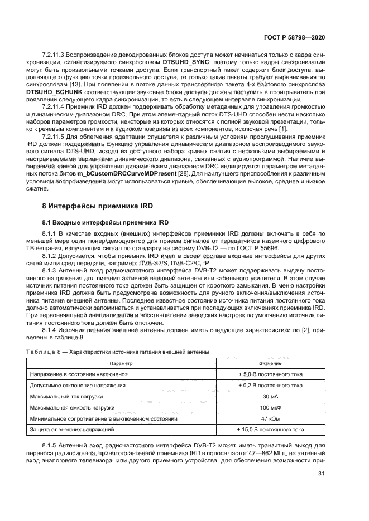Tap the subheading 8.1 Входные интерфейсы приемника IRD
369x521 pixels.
(x=99, y=222)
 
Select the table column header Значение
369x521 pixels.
(x=270, y=363)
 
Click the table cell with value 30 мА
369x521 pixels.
(x=270, y=396)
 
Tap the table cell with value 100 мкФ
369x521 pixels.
(x=270, y=407)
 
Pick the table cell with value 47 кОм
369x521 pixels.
(x=270, y=418)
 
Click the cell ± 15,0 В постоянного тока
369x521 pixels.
(x=270, y=430)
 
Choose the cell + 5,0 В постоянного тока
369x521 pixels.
(x=270, y=374)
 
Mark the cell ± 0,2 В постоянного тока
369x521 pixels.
(x=270, y=385)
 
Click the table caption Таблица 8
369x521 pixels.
(x=46, y=352)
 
